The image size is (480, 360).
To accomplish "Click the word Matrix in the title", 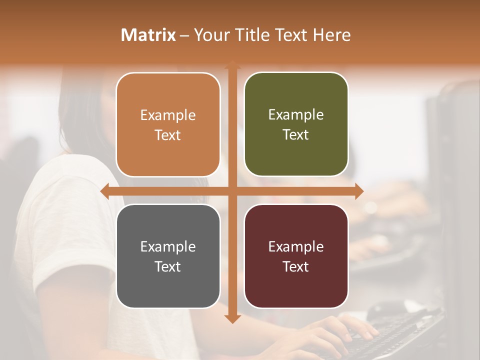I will coord(148,35).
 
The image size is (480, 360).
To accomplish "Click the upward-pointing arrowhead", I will coord(232,65).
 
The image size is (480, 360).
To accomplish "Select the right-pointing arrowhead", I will coord(359,191).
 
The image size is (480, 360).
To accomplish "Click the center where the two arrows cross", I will coord(232,191).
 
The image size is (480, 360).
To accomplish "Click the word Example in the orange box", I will coord(168,115).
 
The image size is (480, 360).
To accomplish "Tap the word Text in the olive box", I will coord(296,135).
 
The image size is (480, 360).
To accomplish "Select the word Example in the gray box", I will coord(168,246).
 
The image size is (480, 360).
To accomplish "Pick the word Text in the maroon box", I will coord(296,266).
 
